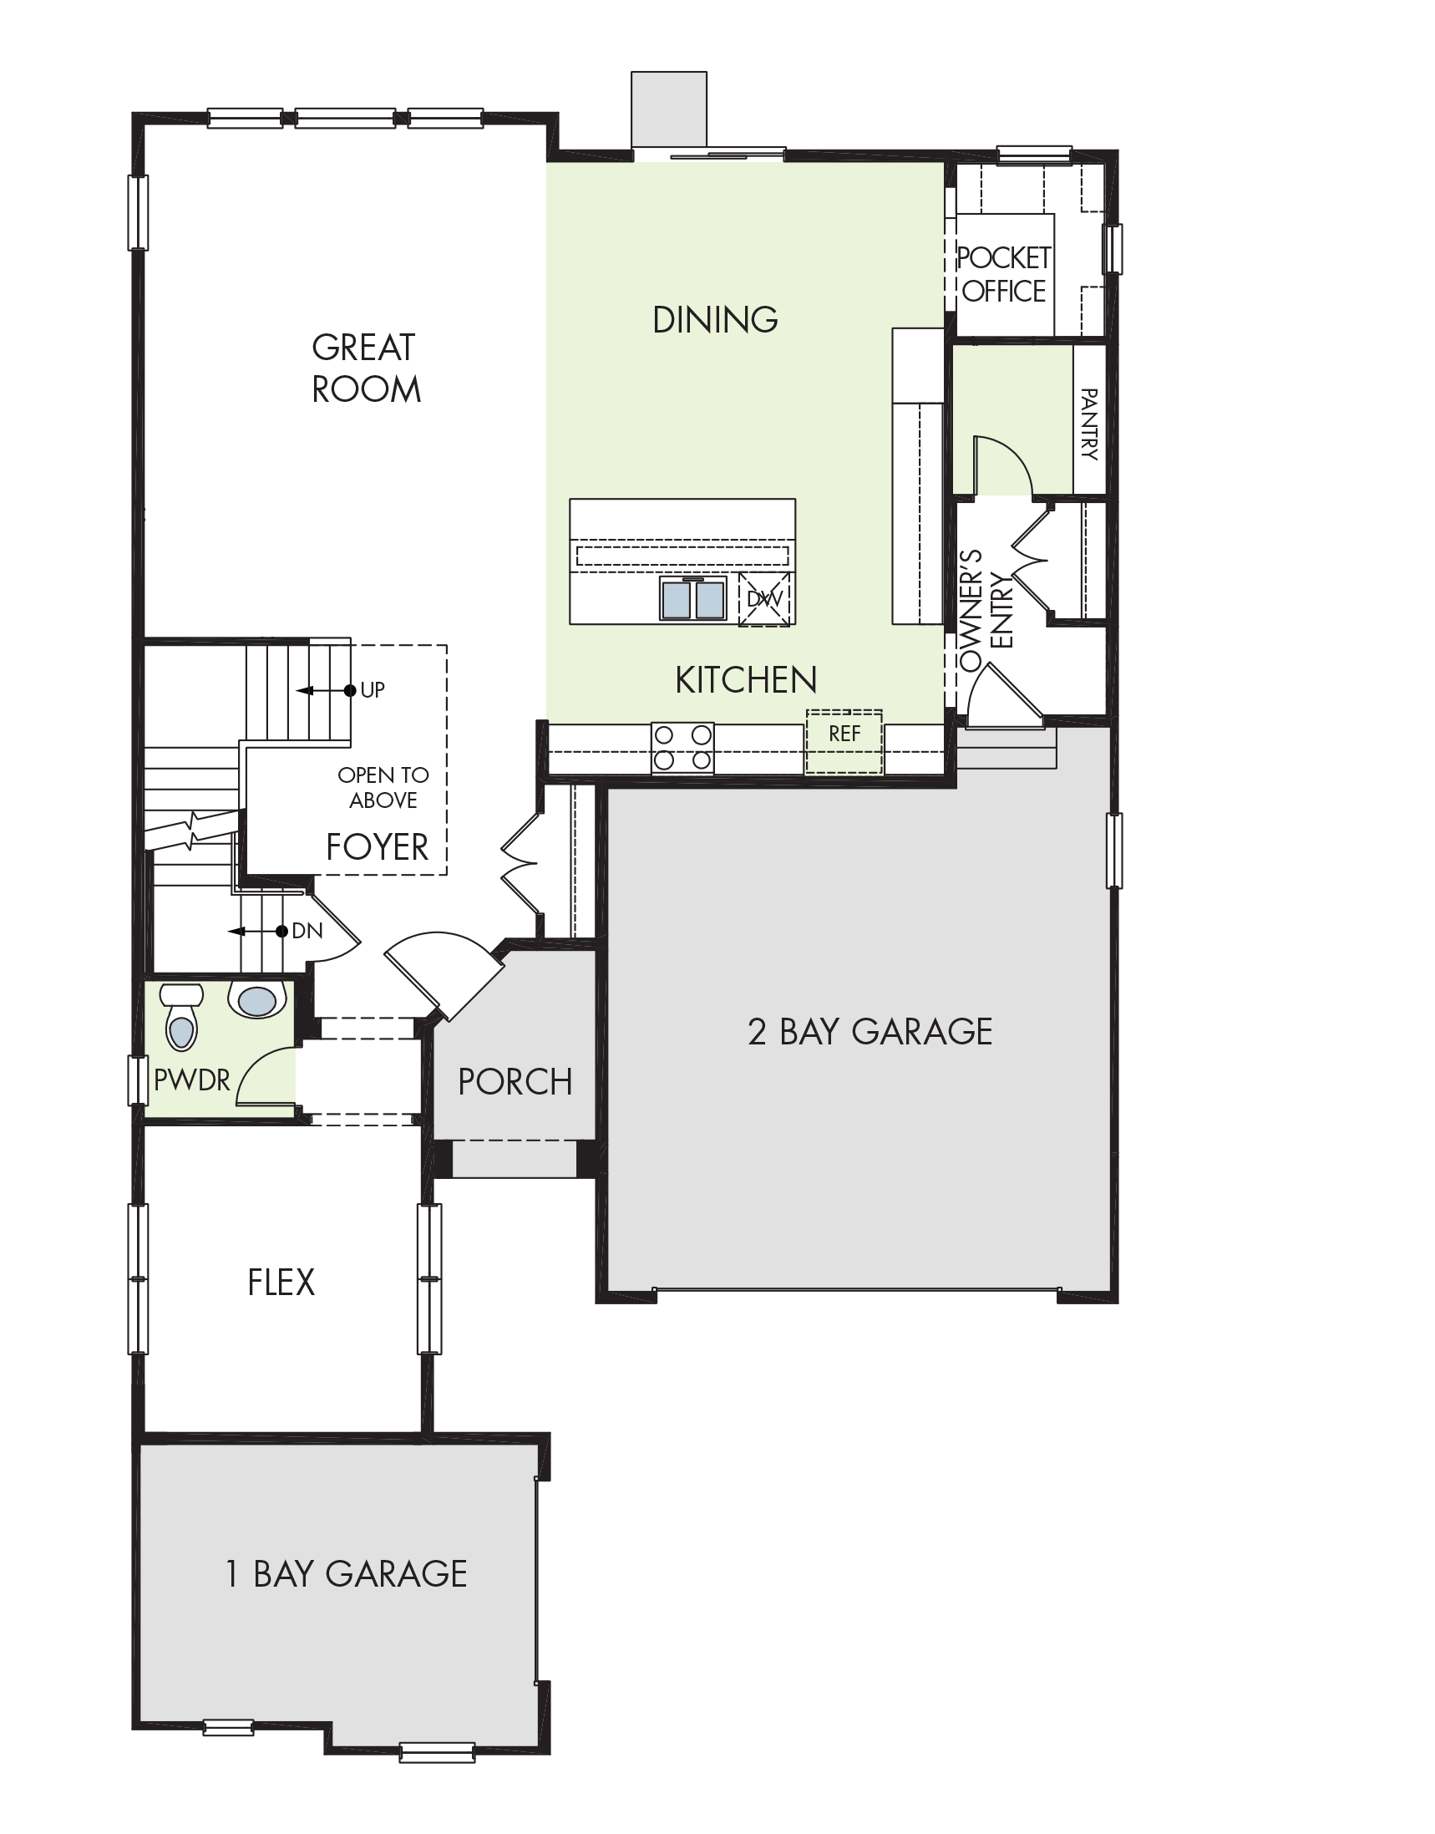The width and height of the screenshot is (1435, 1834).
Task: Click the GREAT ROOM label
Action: pyautogui.click(x=366, y=368)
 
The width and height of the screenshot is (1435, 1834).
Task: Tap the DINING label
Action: pyautogui.click(x=715, y=319)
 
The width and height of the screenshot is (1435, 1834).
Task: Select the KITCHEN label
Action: pyautogui.click(x=746, y=680)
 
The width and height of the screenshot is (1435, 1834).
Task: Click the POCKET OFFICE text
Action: pyautogui.click(x=1004, y=274)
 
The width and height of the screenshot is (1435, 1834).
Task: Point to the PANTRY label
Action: pyautogui.click(x=1089, y=424)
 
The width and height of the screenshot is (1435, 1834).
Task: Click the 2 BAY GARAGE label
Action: pyautogui.click(x=870, y=1031)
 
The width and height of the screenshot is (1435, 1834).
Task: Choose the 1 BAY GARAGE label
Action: pyautogui.click(x=346, y=1573)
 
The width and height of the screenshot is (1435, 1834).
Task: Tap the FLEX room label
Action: pyautogui.click(x=281, y=1283)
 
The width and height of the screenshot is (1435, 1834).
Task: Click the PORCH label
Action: pyautogui.click(x=515, y=1082)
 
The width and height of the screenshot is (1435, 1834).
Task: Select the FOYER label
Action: pyautogui.click(x=378, y=847)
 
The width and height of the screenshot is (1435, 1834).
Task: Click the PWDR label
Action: pyautogui.click(x=191, y=1080)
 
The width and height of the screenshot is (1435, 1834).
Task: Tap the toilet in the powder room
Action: pyautogui.click(x=181, y=1016)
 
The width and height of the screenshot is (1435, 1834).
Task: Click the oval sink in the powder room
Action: pyautogui.click(x=258, y=1000)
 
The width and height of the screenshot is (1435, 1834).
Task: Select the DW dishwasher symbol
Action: pyautogui.click(x=764, y=600)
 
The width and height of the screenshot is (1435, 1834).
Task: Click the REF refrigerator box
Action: pyautogui.click(x=844, y=741)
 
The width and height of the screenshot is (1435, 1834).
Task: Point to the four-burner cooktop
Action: pyautogui.click(x=682, y=748)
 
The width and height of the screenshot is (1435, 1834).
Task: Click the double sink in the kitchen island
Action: pyautogui.click(x=693, y=598)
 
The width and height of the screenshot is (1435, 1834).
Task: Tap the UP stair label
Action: pyautogui.click(x=373, y=690)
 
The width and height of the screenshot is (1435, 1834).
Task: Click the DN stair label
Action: pyautogui.click(x=307, y=932)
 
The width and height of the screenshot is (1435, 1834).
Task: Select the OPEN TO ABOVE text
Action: pyautogui.click(x=383, y=788)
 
